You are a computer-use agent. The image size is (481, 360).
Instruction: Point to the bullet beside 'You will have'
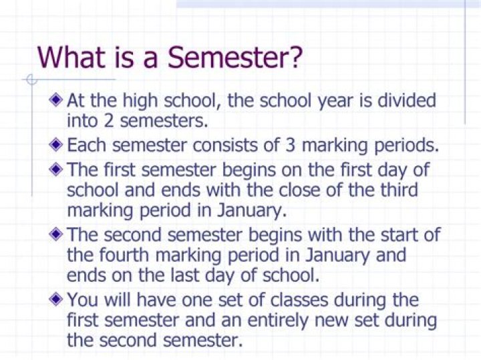click(58, 299)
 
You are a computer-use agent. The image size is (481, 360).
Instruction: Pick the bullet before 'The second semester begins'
click(58, 234)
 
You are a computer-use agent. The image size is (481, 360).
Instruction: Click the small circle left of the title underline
click(29, 81)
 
